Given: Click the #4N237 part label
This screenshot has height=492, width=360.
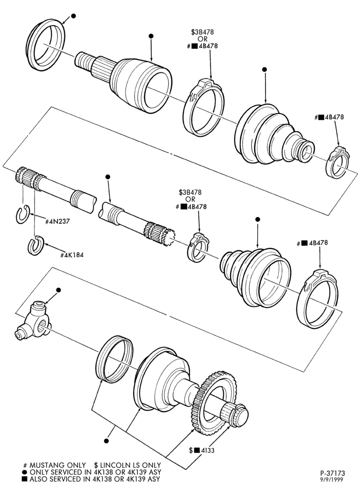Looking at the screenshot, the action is pyautogui.click(x=58, y=221).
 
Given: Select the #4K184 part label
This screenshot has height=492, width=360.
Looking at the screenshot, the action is pyautogui.click(x=72, y=255).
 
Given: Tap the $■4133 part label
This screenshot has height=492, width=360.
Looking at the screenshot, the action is pyautogui.click(x=202, y=451).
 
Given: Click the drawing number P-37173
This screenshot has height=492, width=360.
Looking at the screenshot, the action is pyautogui.click(x=333, y=473).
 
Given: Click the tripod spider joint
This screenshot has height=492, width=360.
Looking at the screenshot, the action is pyautogui.click(x=32, y=320).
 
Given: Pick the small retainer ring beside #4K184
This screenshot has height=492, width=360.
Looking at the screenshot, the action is pyautogui.click(x=36, y=246).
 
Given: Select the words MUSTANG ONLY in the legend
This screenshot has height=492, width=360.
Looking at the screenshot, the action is pyautogui.click(x=58, y=465).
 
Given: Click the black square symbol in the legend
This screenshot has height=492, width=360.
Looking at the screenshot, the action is pyautogui.click(x=24, y=479).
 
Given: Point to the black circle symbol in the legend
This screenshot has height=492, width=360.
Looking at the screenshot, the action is pyautogui.click(x=24, y=472).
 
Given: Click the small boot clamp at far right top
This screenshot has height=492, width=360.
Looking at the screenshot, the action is pyautogui.click(x=338, y=162).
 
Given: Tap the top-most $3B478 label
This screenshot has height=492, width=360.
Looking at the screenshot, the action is pyautogui.click(x=203, y=32).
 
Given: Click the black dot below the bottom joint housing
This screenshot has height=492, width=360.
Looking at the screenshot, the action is pyautogui.click(x=106, y=441).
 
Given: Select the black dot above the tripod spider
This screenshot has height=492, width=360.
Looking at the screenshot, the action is pyautogui.click(x=58, y=290).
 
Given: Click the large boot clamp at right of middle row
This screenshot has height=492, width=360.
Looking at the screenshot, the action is pyautogui.click(x=317, y=299).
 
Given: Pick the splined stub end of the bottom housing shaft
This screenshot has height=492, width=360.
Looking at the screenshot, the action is pyautogui.click(x=235, y=415).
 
